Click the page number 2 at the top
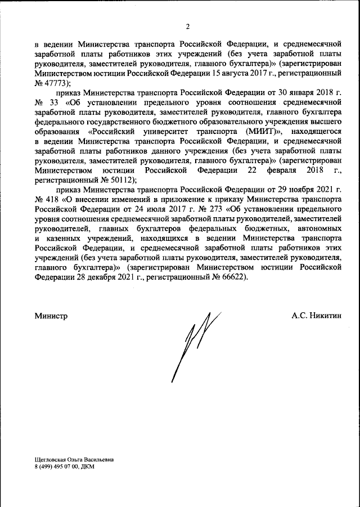(188, 26)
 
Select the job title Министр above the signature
(51, 316)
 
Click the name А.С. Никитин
(316, 316)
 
